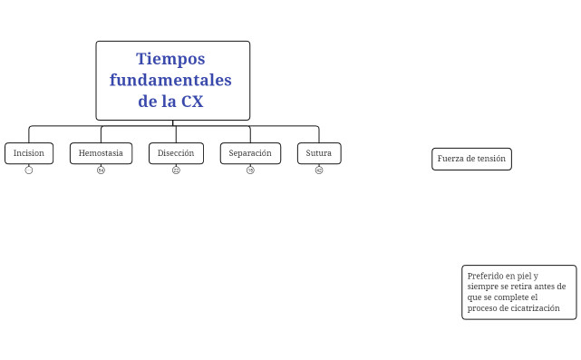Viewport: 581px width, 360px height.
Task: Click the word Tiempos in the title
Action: (x=170, y=59)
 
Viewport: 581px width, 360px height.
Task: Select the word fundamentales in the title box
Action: (x=170, y=80)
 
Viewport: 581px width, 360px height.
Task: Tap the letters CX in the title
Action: (x=192, y=101)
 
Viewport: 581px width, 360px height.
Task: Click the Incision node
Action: (x=29, y=153)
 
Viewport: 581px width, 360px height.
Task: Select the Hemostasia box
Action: (x=101, y=153)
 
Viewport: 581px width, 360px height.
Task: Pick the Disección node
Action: (x=176, y=153)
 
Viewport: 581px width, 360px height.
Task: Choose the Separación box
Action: (x=250, y=153)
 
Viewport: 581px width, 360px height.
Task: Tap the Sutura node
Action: (x=319, y=153)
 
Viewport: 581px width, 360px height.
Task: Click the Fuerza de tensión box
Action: (x=471, y=159)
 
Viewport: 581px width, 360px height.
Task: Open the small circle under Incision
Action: (x=29, y=170)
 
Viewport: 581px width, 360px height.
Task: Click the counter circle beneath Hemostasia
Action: (x=101, y=170)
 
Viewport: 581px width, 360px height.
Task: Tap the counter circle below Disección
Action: (x=176, y=170)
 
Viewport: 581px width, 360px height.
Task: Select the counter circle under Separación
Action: (x=250, y=170)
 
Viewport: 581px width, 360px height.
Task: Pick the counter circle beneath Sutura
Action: (x=319, y=170)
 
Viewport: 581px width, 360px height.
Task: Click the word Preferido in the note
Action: (x=485, y=276)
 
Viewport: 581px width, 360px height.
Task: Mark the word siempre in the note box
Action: (x=484, y=287)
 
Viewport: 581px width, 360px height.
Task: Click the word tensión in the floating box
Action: (x=491, y=159)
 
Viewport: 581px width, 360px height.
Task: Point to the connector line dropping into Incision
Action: (x=29, y=134)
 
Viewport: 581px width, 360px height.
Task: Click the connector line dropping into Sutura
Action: (x=319, y=134)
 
